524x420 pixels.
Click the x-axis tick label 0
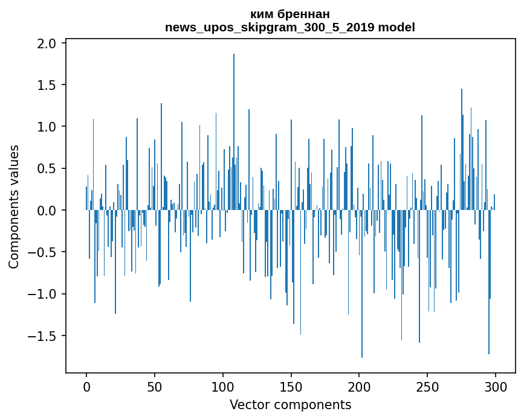86,386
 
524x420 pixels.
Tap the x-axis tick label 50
155,386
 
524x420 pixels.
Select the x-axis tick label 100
223,386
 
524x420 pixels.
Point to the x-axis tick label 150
291,386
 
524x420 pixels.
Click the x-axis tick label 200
360,386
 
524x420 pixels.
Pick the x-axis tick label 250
428,386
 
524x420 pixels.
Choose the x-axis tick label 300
496,386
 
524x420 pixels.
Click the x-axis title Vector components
290,404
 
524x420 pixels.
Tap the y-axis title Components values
14,206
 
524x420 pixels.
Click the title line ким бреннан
290,14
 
